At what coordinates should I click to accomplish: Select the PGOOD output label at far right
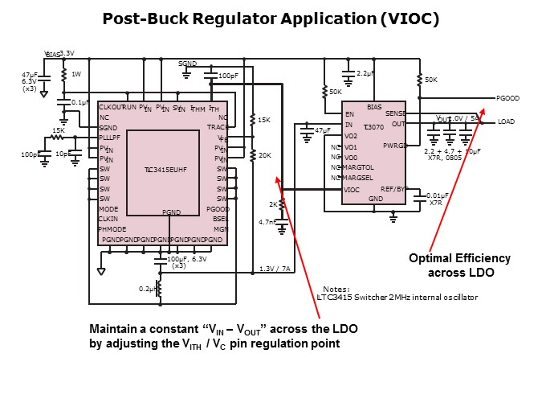[x=508, y=98]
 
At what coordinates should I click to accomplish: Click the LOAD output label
[x=506, y=121]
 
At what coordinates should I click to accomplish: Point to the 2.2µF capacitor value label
[x=367, y=73]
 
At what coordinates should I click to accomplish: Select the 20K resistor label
[x=264, y=155]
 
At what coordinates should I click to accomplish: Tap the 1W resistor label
[x=76, y=74]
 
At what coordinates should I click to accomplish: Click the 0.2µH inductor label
[x=147, y=288]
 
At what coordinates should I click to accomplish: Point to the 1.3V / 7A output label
[x=275, y=269]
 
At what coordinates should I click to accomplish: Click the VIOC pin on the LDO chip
[x=352, y=190]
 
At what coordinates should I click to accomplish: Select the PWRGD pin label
[x=394, y=146]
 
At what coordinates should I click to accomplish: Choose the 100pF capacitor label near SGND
[x=228, y=76]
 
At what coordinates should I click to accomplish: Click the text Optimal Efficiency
[x=459, y=258]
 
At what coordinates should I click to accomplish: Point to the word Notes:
[x=336, y=289]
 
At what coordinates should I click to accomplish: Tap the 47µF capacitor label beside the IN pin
[x=323, y=129]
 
